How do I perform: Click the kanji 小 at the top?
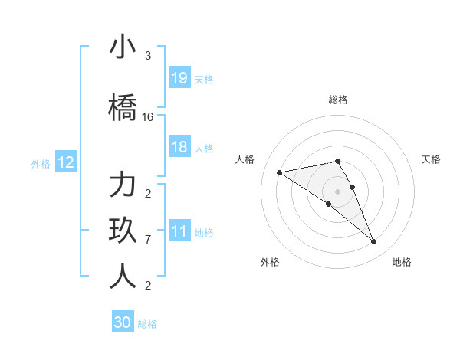[x=123, y=47]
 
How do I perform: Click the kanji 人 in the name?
[x=123, y=277]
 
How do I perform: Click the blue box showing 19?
[x=179, y=77]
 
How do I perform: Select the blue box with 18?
[x=179, y=147]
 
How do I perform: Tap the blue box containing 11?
[x=179, y=231]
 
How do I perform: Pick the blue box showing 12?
[x=65, y=162]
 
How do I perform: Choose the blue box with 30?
[x=123, y=322]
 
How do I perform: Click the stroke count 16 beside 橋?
[x=148, y=117]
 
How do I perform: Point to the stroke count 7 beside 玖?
[x=148, y=240]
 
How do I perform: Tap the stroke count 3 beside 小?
[x=148, y=56]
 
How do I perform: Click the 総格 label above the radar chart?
[x=338, y=100]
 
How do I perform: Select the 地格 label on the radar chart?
[x=402, y=262]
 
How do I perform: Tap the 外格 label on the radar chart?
[x=270, y=262]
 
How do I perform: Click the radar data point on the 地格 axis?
[x=374, y=242]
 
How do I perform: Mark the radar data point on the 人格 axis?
[x=280, y=172]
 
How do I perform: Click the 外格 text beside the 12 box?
[x=40, y=163]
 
